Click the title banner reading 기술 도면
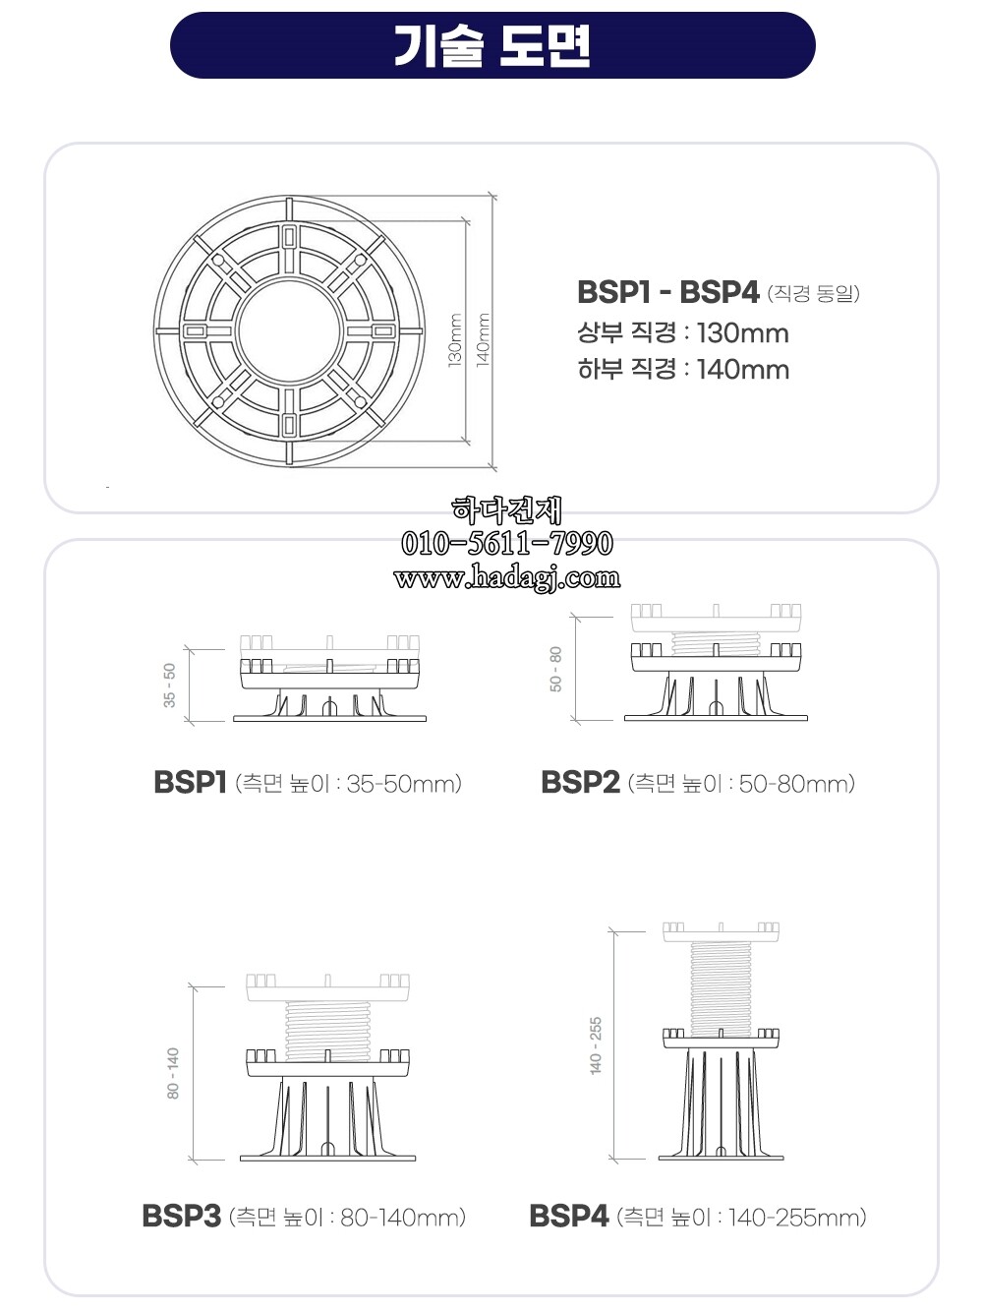click(x=491, y=45)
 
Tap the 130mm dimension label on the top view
click(x=456, y=339)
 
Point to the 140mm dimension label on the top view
click(x=484, y=339)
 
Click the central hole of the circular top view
click(x=289, y=331)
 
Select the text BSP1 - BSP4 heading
click(x=667, y=292)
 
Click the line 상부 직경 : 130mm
click(x=682, y=332)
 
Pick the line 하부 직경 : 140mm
click(x=682, y=370)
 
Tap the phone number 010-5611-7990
click(x=506, y=543)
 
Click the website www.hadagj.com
click(x=506, y=577)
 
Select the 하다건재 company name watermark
click(x=506, y=509)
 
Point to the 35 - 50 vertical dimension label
click(x=170, y=685)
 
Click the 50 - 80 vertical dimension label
click(x=556, y=669)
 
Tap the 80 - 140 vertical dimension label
click(x=174, y=1072)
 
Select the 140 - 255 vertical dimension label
click(x=596, y=1045)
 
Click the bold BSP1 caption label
click(x=190, y=783)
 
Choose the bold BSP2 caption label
click(x=580, y=783)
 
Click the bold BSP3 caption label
click(x=181, y=1217)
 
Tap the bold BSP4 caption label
click(x=568, y=1217)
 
